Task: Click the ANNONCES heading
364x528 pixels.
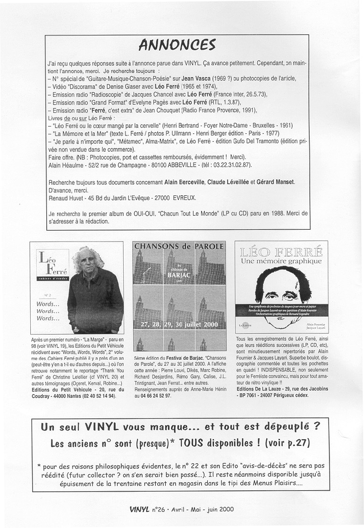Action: (178, 45)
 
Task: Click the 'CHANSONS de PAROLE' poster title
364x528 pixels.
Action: (179, 246)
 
